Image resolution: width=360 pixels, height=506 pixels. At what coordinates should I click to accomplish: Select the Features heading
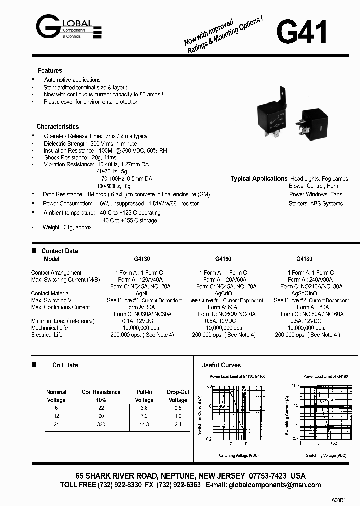tap(50, 71)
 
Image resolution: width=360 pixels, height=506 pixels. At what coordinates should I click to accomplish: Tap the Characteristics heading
tap(57, 127)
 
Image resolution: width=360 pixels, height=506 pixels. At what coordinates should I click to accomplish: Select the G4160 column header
tap(223, 259)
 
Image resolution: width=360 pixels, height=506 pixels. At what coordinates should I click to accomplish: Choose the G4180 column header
tap(304, 259)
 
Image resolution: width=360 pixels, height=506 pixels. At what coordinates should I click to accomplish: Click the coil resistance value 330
tap(101, 425)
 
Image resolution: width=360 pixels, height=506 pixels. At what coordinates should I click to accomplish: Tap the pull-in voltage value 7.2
tap(144, 416)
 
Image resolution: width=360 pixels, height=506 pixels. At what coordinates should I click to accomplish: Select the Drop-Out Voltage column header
tap(178, 396)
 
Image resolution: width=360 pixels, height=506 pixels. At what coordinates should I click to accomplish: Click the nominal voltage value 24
tap(56, 425)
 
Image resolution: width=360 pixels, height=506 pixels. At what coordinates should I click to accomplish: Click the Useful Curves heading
tap(221, 365)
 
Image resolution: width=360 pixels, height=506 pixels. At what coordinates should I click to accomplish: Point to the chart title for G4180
tap(325, 376)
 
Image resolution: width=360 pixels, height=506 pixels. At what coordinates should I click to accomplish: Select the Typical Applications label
tap(259, 179)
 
